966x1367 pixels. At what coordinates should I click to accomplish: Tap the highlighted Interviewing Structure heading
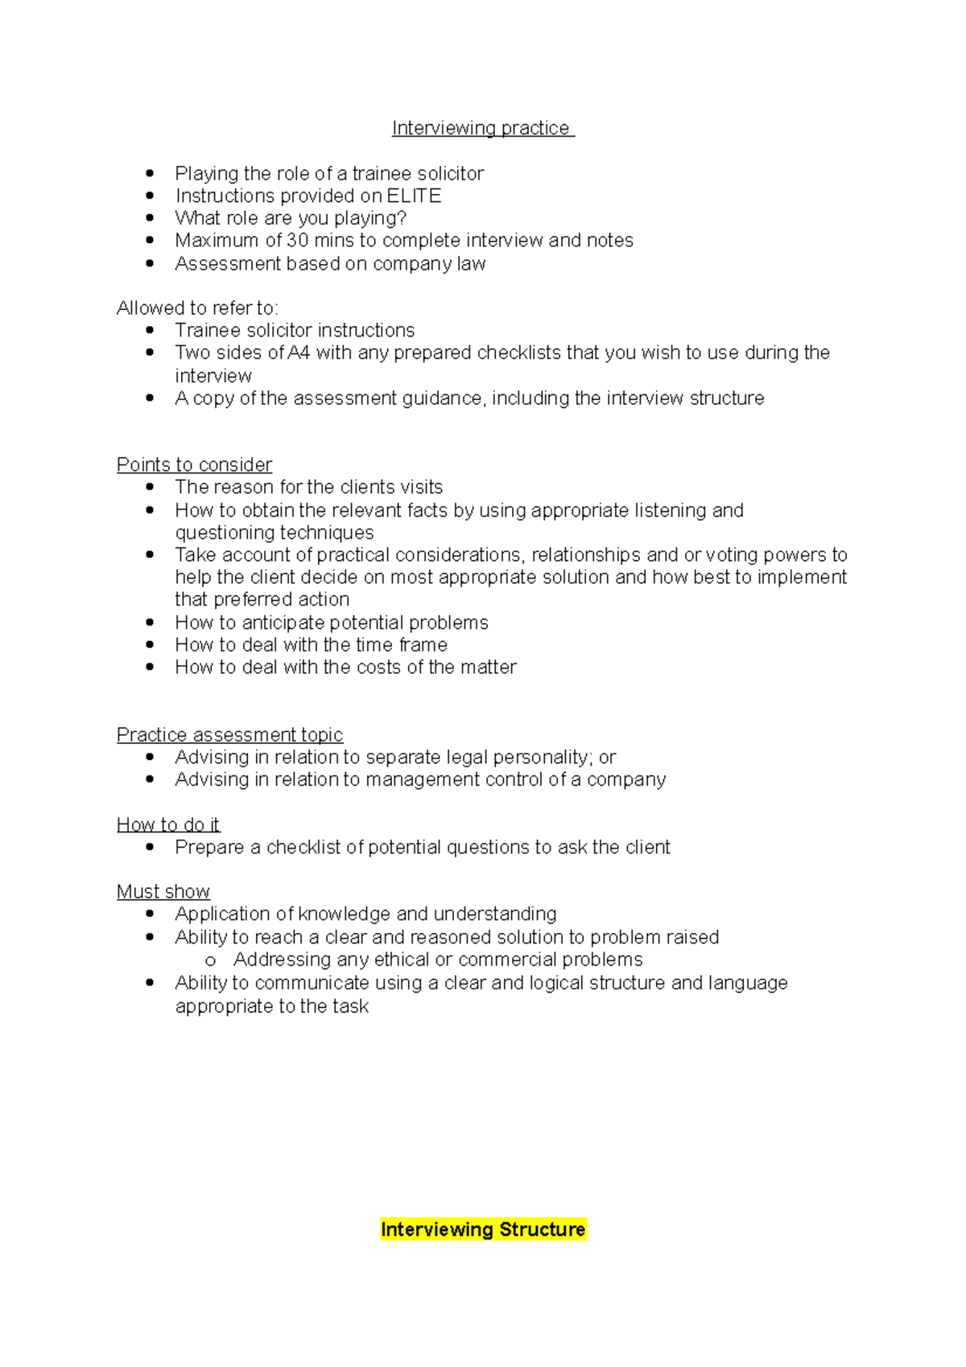[x=483, y=1229]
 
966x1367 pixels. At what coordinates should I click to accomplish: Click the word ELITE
[x=414, y=196]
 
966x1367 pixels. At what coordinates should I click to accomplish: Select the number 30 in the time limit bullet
[x=298, y=241]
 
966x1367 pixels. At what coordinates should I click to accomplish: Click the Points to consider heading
[x=194, y=465]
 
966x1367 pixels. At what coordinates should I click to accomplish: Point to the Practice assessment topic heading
[x=229, y=735]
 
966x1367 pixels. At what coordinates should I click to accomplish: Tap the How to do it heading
[x=167, y=824]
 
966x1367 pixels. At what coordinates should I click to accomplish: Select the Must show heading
[x=163, y=892]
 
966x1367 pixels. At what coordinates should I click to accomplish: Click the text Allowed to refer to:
[x=197, y=308]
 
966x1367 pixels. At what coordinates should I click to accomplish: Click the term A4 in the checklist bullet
[x=299, y=353]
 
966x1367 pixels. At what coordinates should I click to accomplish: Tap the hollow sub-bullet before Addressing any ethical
[x=211, y=960]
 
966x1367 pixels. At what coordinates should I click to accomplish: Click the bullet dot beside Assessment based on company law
[x=150, y=263]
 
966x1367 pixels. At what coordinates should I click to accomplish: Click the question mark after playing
[x=402, y=218]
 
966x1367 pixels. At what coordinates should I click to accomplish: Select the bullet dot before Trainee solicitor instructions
[x=150, y=330]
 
